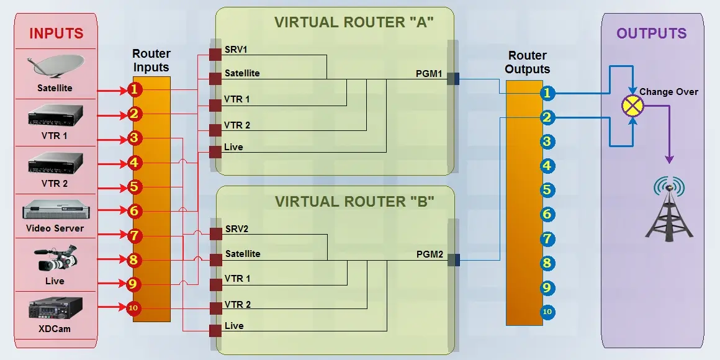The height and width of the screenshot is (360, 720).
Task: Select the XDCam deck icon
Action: pyautogui.click(x=55, y=308)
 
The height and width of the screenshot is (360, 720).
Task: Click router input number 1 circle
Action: pyautogui.click(x=135, y=90)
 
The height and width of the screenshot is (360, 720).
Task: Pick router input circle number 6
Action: pyautogui.click(x=135, y=211)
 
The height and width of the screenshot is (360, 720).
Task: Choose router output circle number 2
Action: pyautogui.click(x=546, y=117)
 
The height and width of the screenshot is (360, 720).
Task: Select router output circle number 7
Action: pyautogui.click(x=546, y=238)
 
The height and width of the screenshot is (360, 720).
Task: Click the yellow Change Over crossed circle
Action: pyautogui.click(x=632, y=106)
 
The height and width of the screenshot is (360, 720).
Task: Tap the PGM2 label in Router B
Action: pyautogui.click(x=429, y=254)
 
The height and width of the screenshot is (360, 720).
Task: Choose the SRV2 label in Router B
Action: pyautogui.click(x=236, y=229)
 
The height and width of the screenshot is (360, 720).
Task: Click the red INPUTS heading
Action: pyautogui.click(x=56, y=34)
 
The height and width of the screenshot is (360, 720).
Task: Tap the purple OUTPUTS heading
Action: pyautogui.click(x=651, y=34)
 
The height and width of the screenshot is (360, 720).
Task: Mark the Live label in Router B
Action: pyautogui.click(x=234, y=326)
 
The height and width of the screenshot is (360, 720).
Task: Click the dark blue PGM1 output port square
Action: pyautogui.click(x=452, y=79)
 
